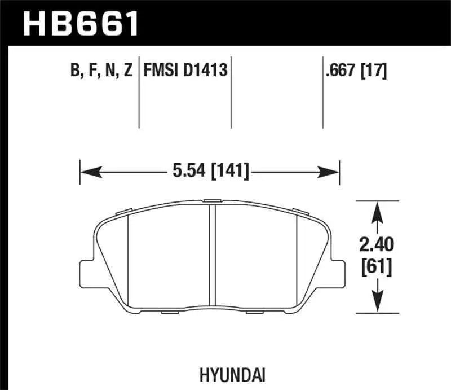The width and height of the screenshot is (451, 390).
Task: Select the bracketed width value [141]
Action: pos(231,169)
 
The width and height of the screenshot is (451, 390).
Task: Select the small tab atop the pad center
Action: pos(213,201)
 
